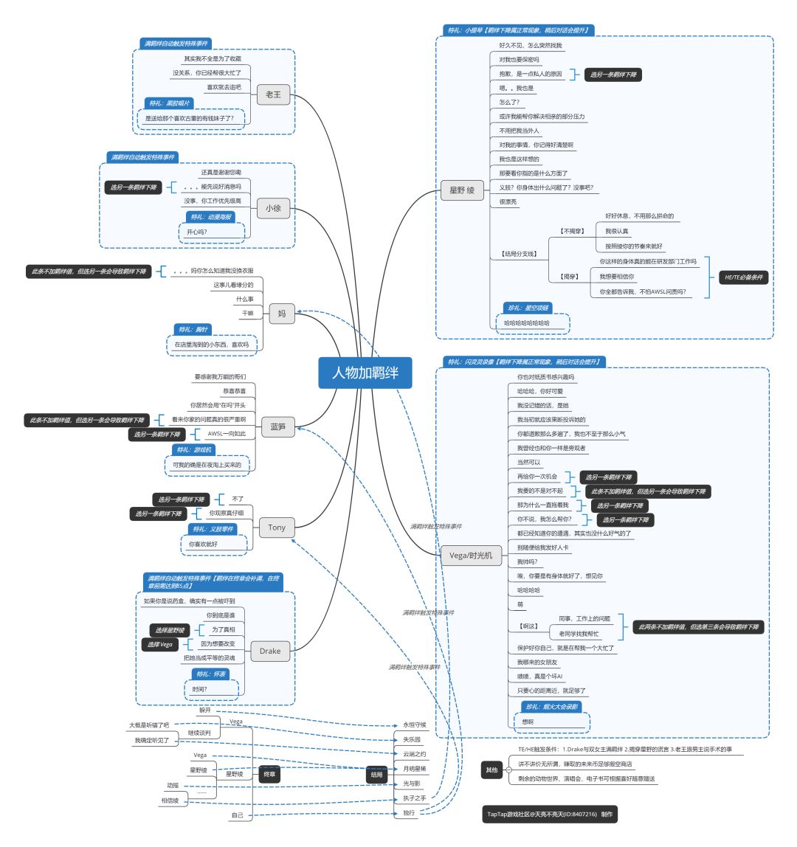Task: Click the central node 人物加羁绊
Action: point(365,373)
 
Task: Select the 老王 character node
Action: point(273,94)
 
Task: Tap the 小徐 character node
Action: point(273,208)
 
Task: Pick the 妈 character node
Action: point(281,314)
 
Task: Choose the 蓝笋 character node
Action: point(277,426)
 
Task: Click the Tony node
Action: point(277,528)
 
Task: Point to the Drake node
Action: point(270,651)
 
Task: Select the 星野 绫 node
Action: point(462,190)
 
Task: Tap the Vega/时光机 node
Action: point(471,555)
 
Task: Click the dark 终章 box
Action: point(270,774)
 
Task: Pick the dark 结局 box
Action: point(377,774)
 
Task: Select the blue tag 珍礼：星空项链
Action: point(527,308)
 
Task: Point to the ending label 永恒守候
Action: point(415,725)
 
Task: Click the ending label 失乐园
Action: point(412,739)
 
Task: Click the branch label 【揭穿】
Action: point(569,277)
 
